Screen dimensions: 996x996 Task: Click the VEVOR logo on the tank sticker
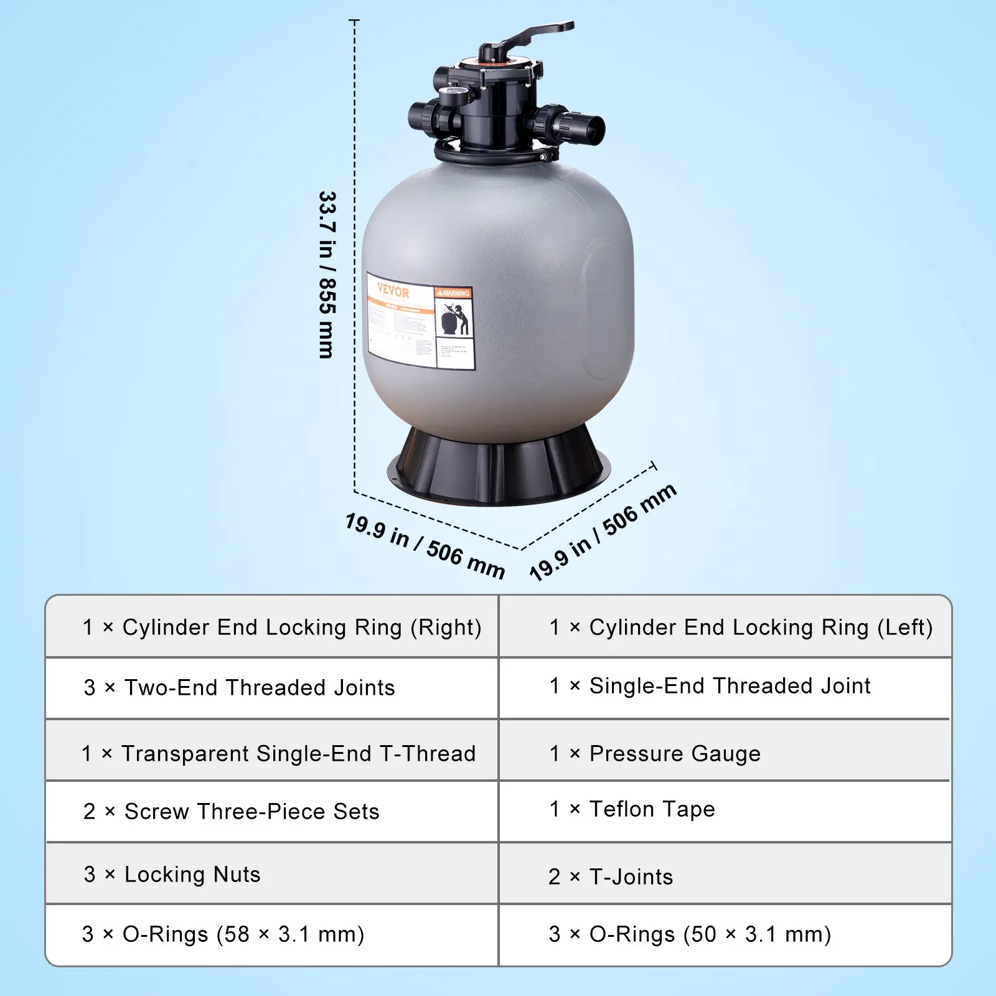coord(393,291)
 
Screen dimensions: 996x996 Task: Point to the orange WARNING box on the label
coord(453,293)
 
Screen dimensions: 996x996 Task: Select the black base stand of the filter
coord(498,467)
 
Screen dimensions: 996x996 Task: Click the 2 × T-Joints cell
coord(611,876)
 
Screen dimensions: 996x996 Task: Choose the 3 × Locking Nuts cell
coord(172,874)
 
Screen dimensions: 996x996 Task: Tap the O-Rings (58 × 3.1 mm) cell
coord(223,934)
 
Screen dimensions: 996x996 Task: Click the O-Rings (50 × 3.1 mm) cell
coord(690,934)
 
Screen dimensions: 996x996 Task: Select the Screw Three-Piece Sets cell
coord(231,811)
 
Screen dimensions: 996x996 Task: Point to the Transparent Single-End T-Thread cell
coord(278,753)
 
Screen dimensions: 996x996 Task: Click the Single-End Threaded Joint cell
coord(710,685)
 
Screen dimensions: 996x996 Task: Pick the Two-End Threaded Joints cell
coord(240,687)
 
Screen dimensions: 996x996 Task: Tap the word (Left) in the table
coord(904,627)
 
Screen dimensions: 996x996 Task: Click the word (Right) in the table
coord(446,627)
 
